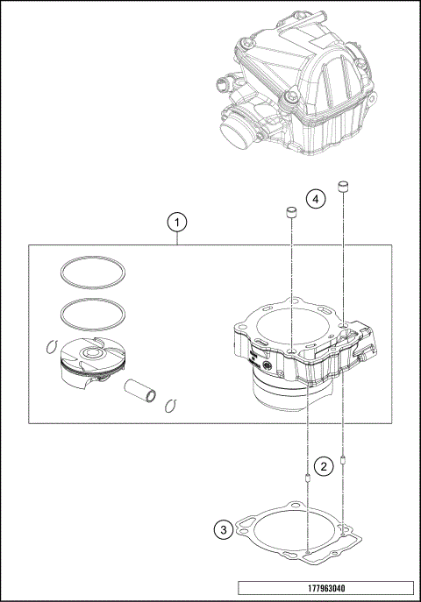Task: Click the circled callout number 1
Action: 177,223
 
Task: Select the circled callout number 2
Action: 324,466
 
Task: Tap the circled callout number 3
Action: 224,528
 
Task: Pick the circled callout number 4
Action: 317,199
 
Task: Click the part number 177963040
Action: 325,588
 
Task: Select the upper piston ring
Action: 94,272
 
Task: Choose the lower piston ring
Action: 94,312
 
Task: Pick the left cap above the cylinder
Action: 289,213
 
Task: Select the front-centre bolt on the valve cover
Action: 289,98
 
